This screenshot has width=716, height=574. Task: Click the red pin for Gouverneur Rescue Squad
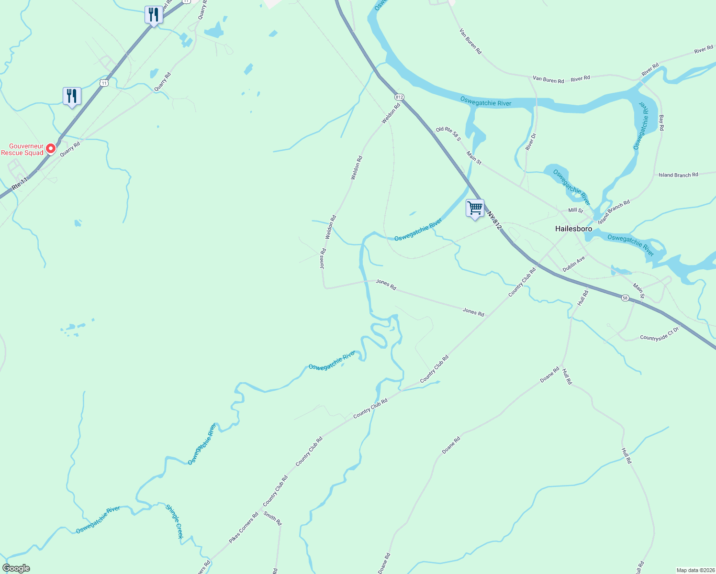pos(50,149)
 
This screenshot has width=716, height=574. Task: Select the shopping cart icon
pos(475,208)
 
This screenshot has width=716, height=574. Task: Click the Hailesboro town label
pos(573,229)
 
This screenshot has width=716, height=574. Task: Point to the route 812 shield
pos(400,97)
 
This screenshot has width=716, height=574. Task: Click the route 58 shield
pos(625,298)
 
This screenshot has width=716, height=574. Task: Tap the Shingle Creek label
pos(174,521)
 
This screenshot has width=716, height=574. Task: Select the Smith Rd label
pos(273,519)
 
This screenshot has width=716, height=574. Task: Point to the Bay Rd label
pos(661,122)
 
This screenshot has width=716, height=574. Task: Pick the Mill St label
pos(575,210)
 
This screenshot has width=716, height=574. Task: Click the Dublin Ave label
pos(573,264)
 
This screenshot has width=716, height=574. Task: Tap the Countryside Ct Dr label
pos(660,334)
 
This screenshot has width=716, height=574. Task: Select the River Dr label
pos(531,142)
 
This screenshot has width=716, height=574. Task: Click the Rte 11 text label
pos(20,184)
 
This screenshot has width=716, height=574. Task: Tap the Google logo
pos(16,568)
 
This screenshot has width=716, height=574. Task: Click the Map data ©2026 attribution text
pos(695,570)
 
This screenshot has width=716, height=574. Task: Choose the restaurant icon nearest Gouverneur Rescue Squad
pos(72,96)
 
